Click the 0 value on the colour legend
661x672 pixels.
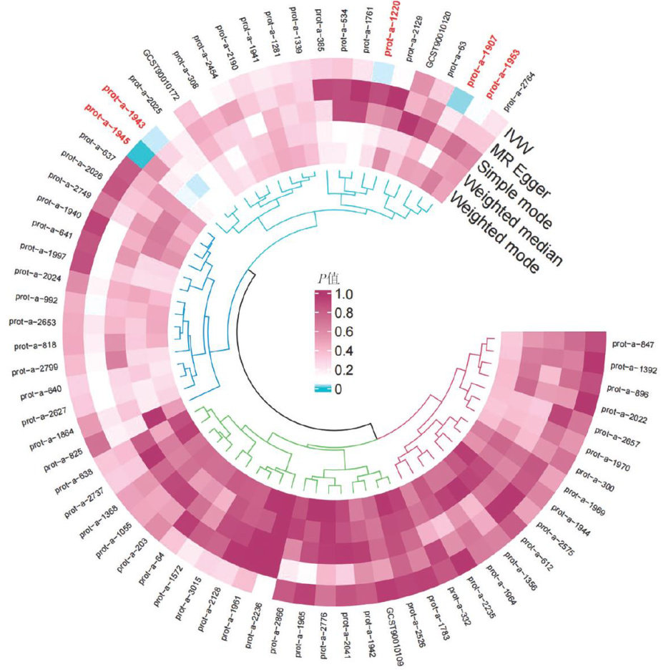349,389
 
